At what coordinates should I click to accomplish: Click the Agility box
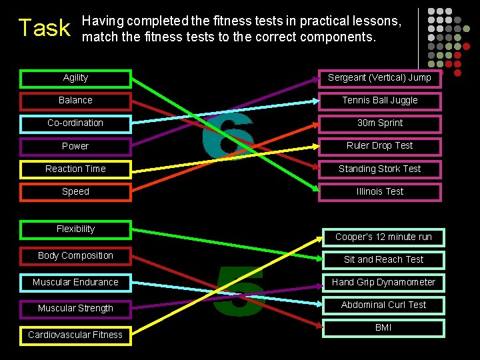point(75,79)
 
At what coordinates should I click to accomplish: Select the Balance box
point(75,101)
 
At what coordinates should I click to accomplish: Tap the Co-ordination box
point(75,123)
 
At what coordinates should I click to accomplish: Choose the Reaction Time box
point(75,169)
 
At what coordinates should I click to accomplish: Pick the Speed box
point(75,192)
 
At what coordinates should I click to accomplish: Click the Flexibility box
point(75,229)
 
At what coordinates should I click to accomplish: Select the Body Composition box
point(75,256)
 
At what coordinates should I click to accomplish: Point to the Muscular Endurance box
point(75,283)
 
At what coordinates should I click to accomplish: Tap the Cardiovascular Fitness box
point(75,335)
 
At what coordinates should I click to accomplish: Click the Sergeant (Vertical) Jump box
point(379,79)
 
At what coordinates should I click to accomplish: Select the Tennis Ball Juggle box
point(379,101)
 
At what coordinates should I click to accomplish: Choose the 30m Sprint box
point(379,123)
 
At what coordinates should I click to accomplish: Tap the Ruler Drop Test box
point(379,146)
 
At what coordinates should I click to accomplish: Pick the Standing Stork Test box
point(379,169)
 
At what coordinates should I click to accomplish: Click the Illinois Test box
point(379,192)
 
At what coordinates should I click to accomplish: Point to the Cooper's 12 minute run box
point(383,237)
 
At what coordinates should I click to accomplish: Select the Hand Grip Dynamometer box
point(383,283)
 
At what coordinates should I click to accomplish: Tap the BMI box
point(383,328)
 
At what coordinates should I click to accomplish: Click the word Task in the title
point(44,28)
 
